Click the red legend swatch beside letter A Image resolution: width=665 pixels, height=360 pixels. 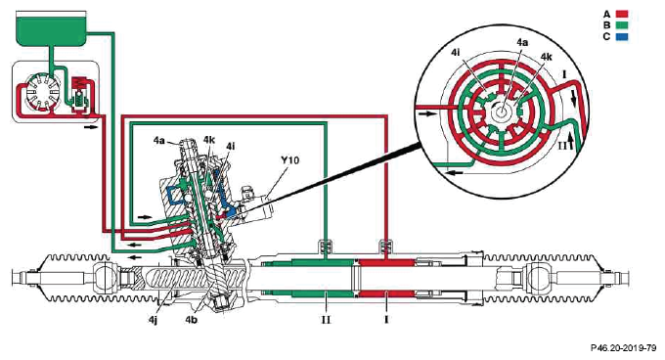click(622, 14)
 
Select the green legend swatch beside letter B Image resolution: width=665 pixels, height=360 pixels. click(622, 25)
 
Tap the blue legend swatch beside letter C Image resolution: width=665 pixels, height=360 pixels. click(622, 36)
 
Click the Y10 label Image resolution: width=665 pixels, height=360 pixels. click(289, 160)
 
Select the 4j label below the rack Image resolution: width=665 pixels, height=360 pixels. click(153, 319)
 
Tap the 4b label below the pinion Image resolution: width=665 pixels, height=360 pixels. click(191, 319)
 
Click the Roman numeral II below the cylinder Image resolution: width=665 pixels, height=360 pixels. click(326, 319)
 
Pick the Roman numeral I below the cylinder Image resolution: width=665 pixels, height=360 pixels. click(386, 319)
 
